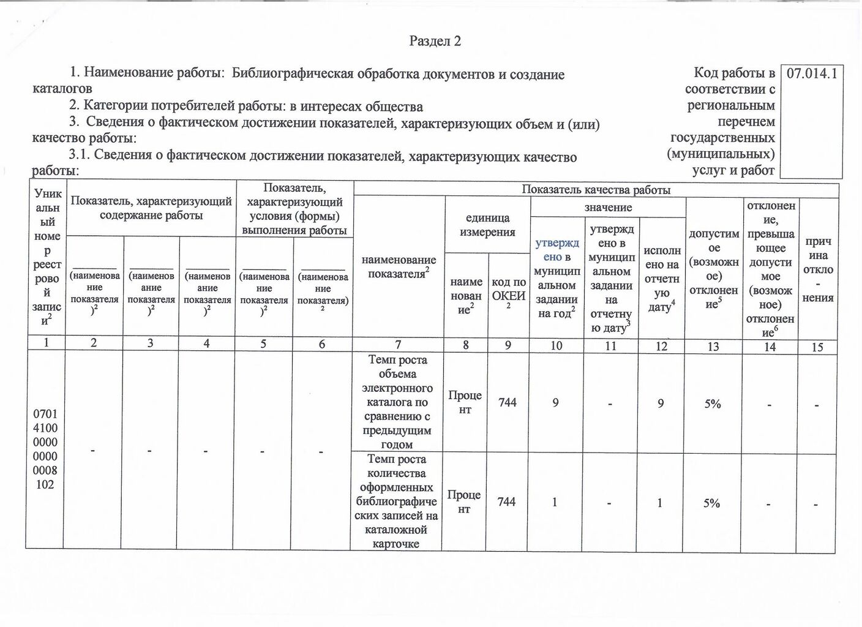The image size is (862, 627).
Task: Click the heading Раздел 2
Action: [x=435, y=41]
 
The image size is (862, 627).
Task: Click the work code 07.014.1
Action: [x=811, y=74]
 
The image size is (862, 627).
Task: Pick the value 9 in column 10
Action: [x=555, y=403]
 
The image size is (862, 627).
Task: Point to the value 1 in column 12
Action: [x=659, y=503]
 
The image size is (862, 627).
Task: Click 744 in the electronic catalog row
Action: [x=508, y=402]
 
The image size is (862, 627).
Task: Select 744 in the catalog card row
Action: [x=506, y=501]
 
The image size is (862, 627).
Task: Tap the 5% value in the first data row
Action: [x=712, y=404]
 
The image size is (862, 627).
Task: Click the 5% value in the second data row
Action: [x=711, y=503]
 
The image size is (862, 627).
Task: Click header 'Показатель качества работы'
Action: [x=596, y=190]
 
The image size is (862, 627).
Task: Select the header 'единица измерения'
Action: [x=487, y=225]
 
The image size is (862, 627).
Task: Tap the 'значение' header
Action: [x=607, y=208]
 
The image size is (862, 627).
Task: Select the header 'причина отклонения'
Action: [x=818, y=269]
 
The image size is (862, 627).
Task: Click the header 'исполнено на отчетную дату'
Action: [x=661, y=279]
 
